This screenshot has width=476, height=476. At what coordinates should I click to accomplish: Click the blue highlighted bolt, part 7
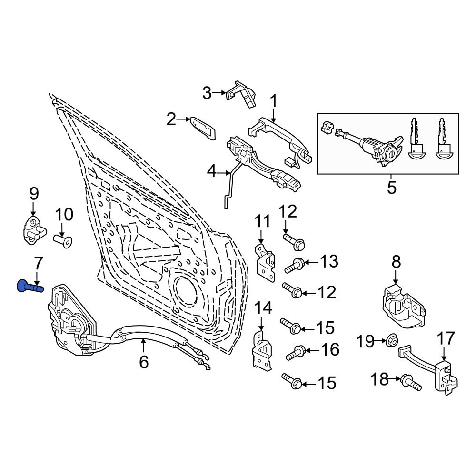(x=29, y=287)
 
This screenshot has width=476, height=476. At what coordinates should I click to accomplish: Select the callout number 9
(x=33, y=194)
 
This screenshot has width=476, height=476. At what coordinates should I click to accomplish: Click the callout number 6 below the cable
(x=144, y=362)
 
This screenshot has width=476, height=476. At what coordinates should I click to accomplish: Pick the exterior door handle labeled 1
(x=281, y=138)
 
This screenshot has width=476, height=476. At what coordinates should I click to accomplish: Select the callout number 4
(x=211, y=170)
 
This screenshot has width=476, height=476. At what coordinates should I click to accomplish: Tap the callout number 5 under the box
(x=391, y=187)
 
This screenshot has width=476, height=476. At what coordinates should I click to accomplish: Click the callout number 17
(x=446, y=338)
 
